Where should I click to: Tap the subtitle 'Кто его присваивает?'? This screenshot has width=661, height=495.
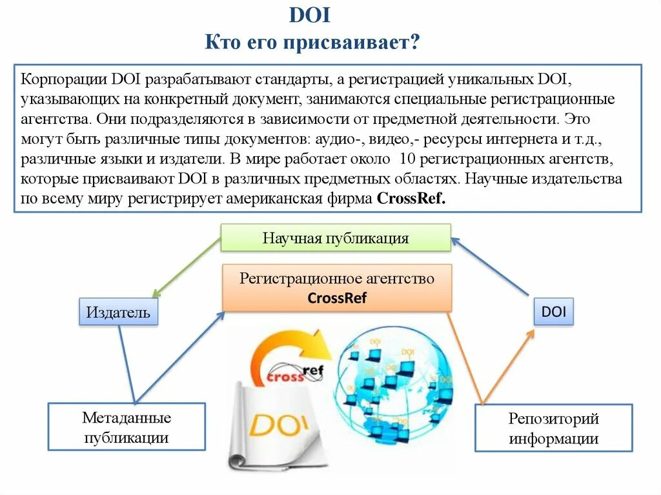(312, 43)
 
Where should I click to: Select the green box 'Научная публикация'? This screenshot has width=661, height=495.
(335, 238)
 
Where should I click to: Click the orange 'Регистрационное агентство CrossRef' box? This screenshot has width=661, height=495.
(336, 288)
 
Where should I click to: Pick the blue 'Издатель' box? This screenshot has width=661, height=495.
(118, 313)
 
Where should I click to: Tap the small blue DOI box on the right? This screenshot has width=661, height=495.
(553, 312)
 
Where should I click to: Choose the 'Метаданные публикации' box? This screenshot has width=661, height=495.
(127, 427)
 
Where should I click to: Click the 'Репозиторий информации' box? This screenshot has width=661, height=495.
(553, 429)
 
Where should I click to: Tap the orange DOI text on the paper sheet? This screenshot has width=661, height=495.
(280, 426)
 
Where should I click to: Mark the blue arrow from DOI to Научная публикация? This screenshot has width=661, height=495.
(491, 268)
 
